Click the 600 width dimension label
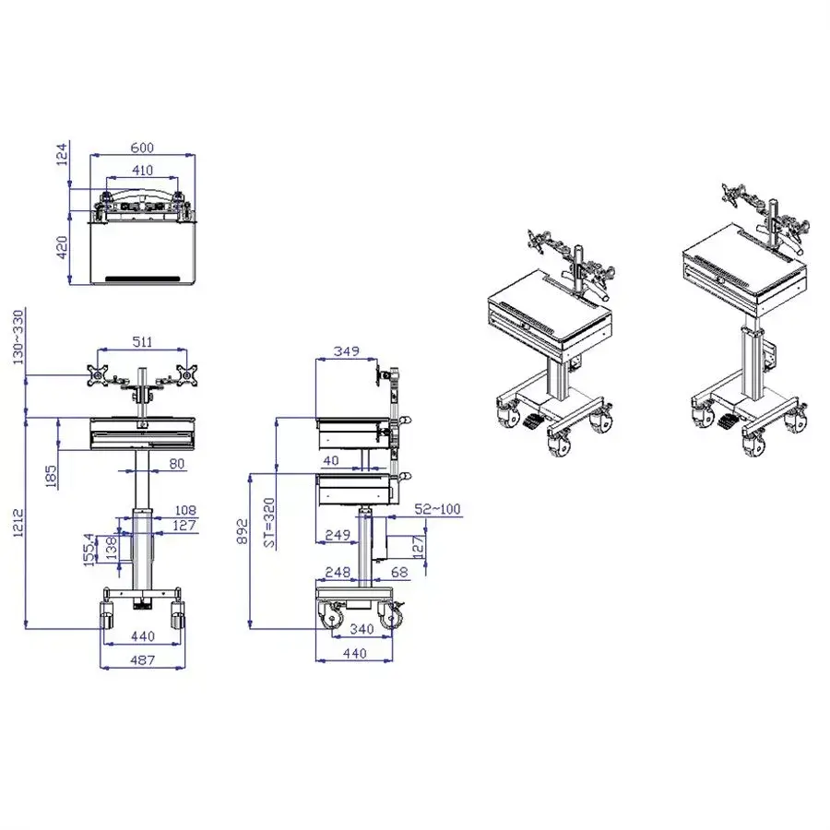coord(142,148)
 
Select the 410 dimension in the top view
coord(142,171)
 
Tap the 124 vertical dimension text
coord(63,153)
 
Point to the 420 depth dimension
coord(63,247)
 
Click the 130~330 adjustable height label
coord(18,338)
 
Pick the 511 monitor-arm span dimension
coord(142,342)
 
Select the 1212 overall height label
coord(18,523)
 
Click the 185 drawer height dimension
coord(52,477)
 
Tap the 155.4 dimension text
coord(90,550)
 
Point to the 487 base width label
coord(142,659)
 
